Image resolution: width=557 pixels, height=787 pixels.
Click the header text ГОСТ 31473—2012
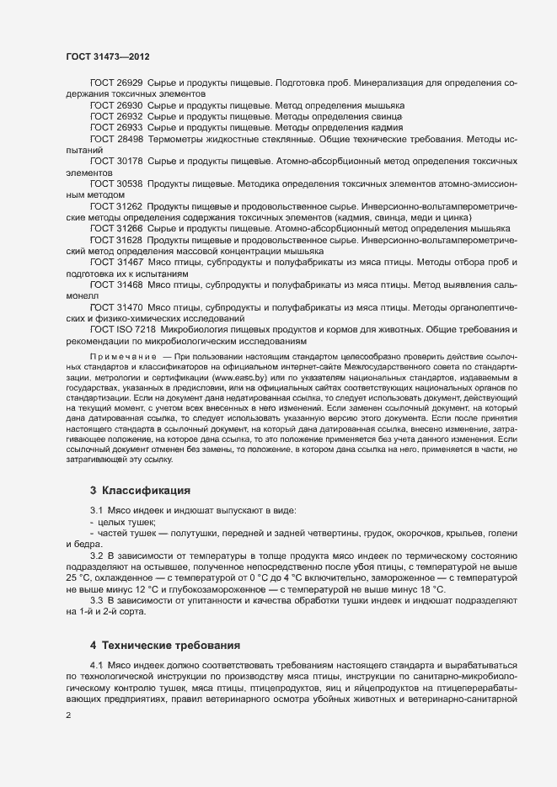109,56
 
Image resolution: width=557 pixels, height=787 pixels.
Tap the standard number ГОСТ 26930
116,105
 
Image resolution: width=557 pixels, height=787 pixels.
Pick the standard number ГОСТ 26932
116,116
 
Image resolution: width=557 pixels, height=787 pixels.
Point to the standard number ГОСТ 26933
116,127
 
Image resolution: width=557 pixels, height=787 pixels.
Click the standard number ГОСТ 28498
116,138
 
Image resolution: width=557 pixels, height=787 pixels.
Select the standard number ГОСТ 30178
116,160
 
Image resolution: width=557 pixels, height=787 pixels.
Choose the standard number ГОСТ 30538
116,183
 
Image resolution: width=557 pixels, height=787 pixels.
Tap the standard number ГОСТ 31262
116,205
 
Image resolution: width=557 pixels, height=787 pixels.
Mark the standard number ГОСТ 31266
116,228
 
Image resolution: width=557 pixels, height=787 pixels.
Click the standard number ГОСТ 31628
116,240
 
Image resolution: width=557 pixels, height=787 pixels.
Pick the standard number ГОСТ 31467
116,263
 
